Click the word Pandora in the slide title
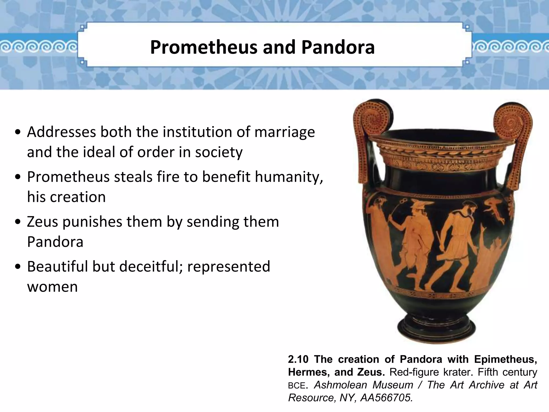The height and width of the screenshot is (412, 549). tap(338, 47)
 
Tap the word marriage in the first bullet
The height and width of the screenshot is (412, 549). tap(284, 133)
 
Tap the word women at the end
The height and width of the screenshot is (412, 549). tap(52, 287)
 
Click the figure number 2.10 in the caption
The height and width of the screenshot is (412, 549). tap(298, 359)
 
